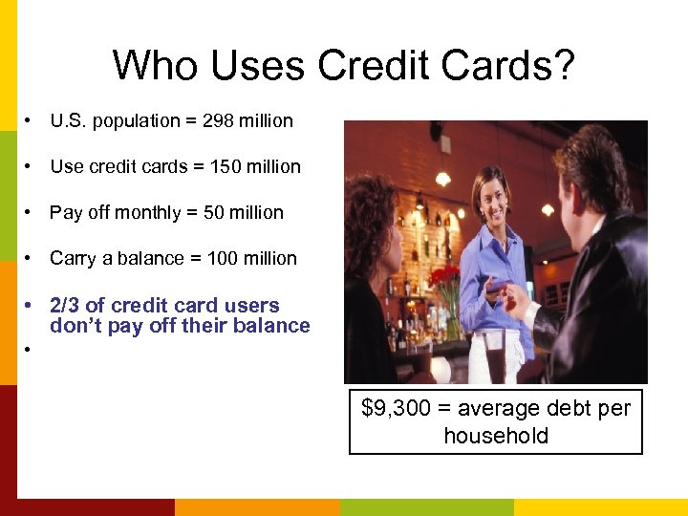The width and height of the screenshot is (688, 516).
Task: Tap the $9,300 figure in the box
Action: point(396,409)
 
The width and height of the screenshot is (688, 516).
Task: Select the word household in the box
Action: point(496,437)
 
